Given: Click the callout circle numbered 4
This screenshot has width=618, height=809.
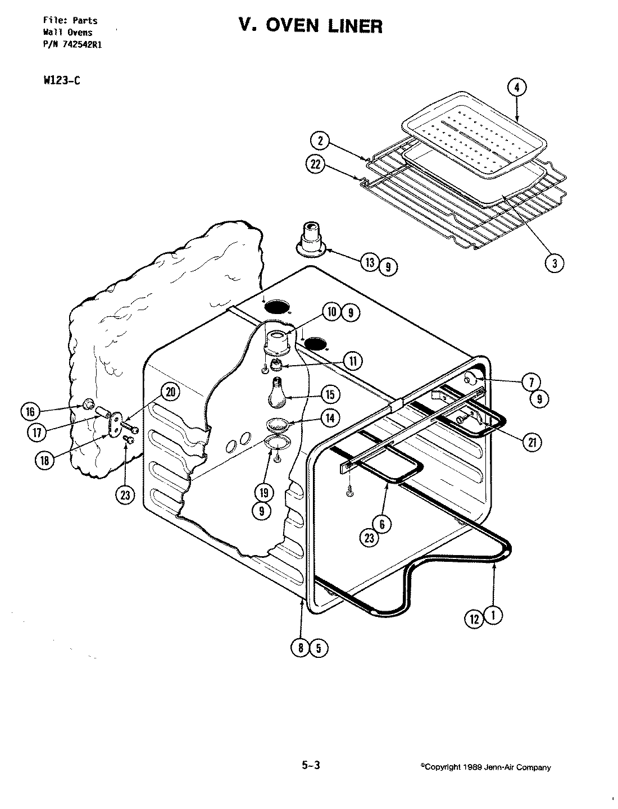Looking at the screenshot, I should (517, 88).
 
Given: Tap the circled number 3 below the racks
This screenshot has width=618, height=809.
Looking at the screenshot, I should (555, 262).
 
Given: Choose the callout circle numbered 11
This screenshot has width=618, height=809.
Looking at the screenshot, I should (352, 361).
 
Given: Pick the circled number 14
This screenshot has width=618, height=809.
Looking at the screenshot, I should (330, 417).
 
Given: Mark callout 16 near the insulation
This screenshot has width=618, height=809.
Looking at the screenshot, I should (30, 412).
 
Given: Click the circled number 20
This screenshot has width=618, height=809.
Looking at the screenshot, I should (170, 393).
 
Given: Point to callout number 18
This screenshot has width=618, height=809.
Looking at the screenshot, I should (44, 459).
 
